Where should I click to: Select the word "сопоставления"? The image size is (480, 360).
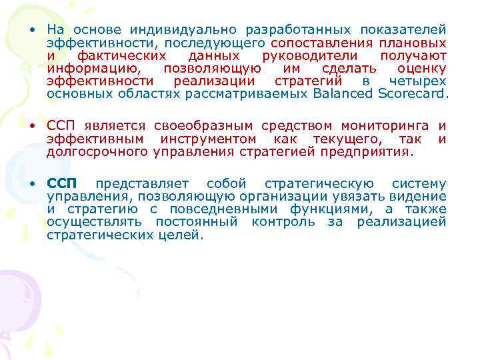click(311, 43)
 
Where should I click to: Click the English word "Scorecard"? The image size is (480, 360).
click(412, 93)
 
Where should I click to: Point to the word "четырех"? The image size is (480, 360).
click(418, 81)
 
